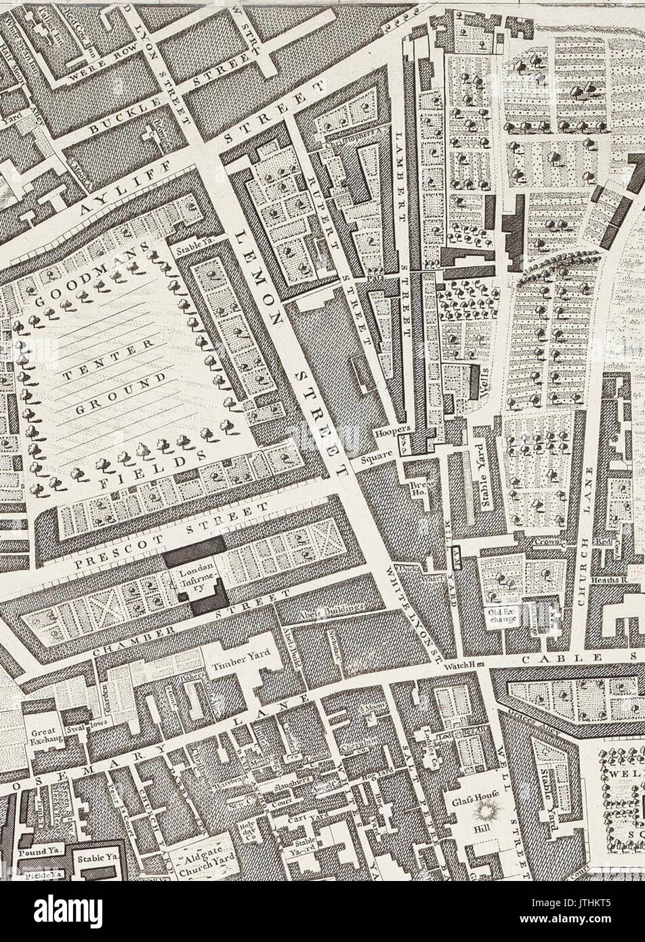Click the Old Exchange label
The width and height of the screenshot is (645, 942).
click(x=503, y=617)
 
